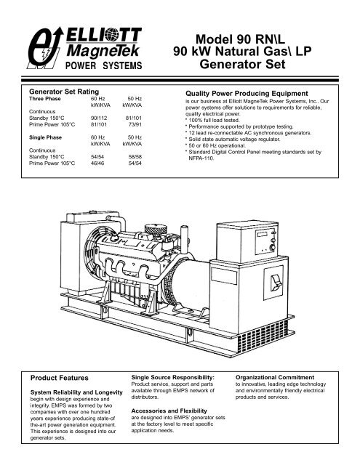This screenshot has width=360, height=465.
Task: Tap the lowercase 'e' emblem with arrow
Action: (x=44, y=48)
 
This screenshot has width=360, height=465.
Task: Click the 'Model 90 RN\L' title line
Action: (x=240, y=39)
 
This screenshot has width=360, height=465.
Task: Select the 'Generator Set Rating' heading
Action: (x=64, y=92)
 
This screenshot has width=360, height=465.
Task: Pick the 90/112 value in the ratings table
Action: (x=99, y=118)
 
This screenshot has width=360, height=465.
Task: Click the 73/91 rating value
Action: (x=135, y=124)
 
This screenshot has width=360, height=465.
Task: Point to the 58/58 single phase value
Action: (x=135, y=157)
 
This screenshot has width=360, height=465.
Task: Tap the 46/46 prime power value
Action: (x=97, y=163)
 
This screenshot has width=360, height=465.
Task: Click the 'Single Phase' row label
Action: (x=45, y=137)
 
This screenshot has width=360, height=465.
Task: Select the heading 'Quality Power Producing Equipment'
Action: (x=247, y=94)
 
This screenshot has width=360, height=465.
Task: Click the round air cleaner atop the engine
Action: (x=156, y=230)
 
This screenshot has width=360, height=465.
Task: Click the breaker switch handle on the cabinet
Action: (x=276, y=282)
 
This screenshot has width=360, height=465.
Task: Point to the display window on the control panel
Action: (x=263, y=235)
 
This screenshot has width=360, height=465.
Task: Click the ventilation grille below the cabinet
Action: (x=263, y=334)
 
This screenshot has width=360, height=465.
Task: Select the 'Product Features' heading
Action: (x=60, y=378)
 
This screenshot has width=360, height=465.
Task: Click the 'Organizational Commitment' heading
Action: (x=275, y=378)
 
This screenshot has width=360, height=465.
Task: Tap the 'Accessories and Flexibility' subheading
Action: (x=169, y=411)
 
